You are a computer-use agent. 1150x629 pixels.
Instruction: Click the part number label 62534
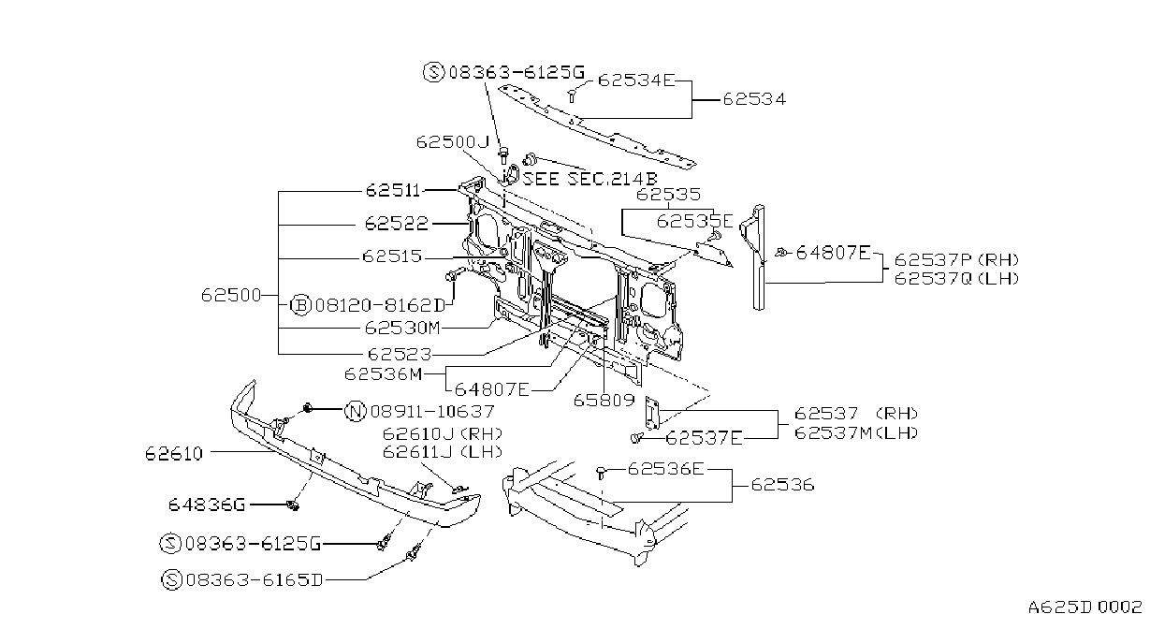pos(754,99)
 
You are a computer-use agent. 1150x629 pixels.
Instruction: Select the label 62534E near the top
pos(636,80)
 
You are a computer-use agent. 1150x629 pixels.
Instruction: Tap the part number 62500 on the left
pos(231,295)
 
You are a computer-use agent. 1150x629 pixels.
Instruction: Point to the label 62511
pos(393,191)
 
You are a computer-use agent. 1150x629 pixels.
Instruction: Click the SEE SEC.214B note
pos(590,179)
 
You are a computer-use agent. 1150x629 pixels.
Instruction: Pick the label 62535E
pos(694,221)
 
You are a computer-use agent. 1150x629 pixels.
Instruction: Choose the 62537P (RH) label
pos(956,260)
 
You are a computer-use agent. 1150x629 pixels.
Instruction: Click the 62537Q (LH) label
pos(956,278)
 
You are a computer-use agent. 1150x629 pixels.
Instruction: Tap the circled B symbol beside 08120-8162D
pos(300,305)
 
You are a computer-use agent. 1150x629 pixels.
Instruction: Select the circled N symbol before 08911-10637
pos(356,411)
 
